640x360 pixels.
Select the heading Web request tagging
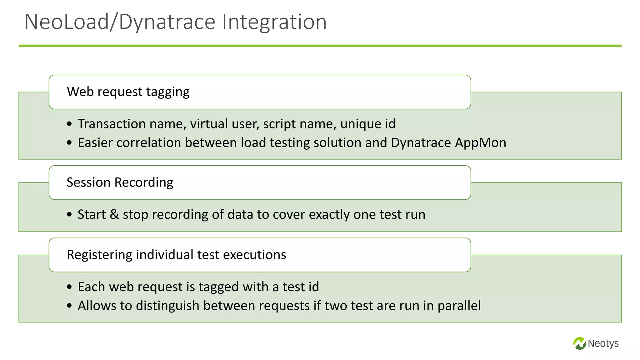[128, 92]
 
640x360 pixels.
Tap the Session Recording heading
[120, 182]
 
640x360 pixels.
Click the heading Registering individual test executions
[176, 255]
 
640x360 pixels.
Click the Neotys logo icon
[579, 343]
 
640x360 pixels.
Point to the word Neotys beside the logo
[603, 343]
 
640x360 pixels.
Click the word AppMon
[480, 143]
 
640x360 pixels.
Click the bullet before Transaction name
[69, 124]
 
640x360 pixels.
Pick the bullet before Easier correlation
[69, 143]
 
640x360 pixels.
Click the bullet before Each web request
[69, 287]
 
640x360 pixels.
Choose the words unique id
[368, 124]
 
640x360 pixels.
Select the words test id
[301, 287]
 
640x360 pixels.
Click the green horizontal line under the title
[320, 46]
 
